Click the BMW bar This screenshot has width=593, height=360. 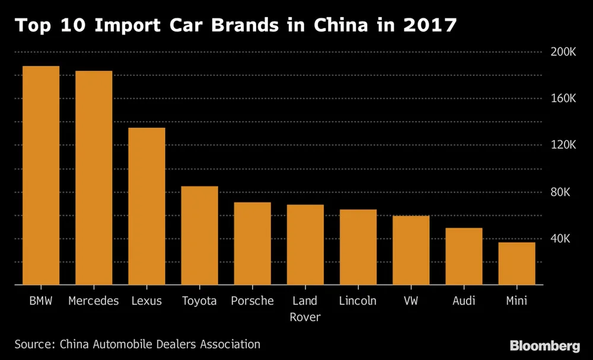click(41, 176)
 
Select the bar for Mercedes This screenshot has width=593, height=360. click(94, 178)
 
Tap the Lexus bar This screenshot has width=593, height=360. click(146, 206)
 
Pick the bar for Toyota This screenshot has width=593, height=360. click(199, 235)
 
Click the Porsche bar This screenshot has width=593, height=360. click(252, 244)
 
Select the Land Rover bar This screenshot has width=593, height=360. click(305, 245)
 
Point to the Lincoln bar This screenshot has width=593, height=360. click(358, 247)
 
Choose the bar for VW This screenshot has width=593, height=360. click(411, 250)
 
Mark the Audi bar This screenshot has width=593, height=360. click(464, 256)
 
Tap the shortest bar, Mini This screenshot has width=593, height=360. click(517, 263)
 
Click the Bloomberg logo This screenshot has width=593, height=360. click(544, 345)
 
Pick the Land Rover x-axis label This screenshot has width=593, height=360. click(305, 309)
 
